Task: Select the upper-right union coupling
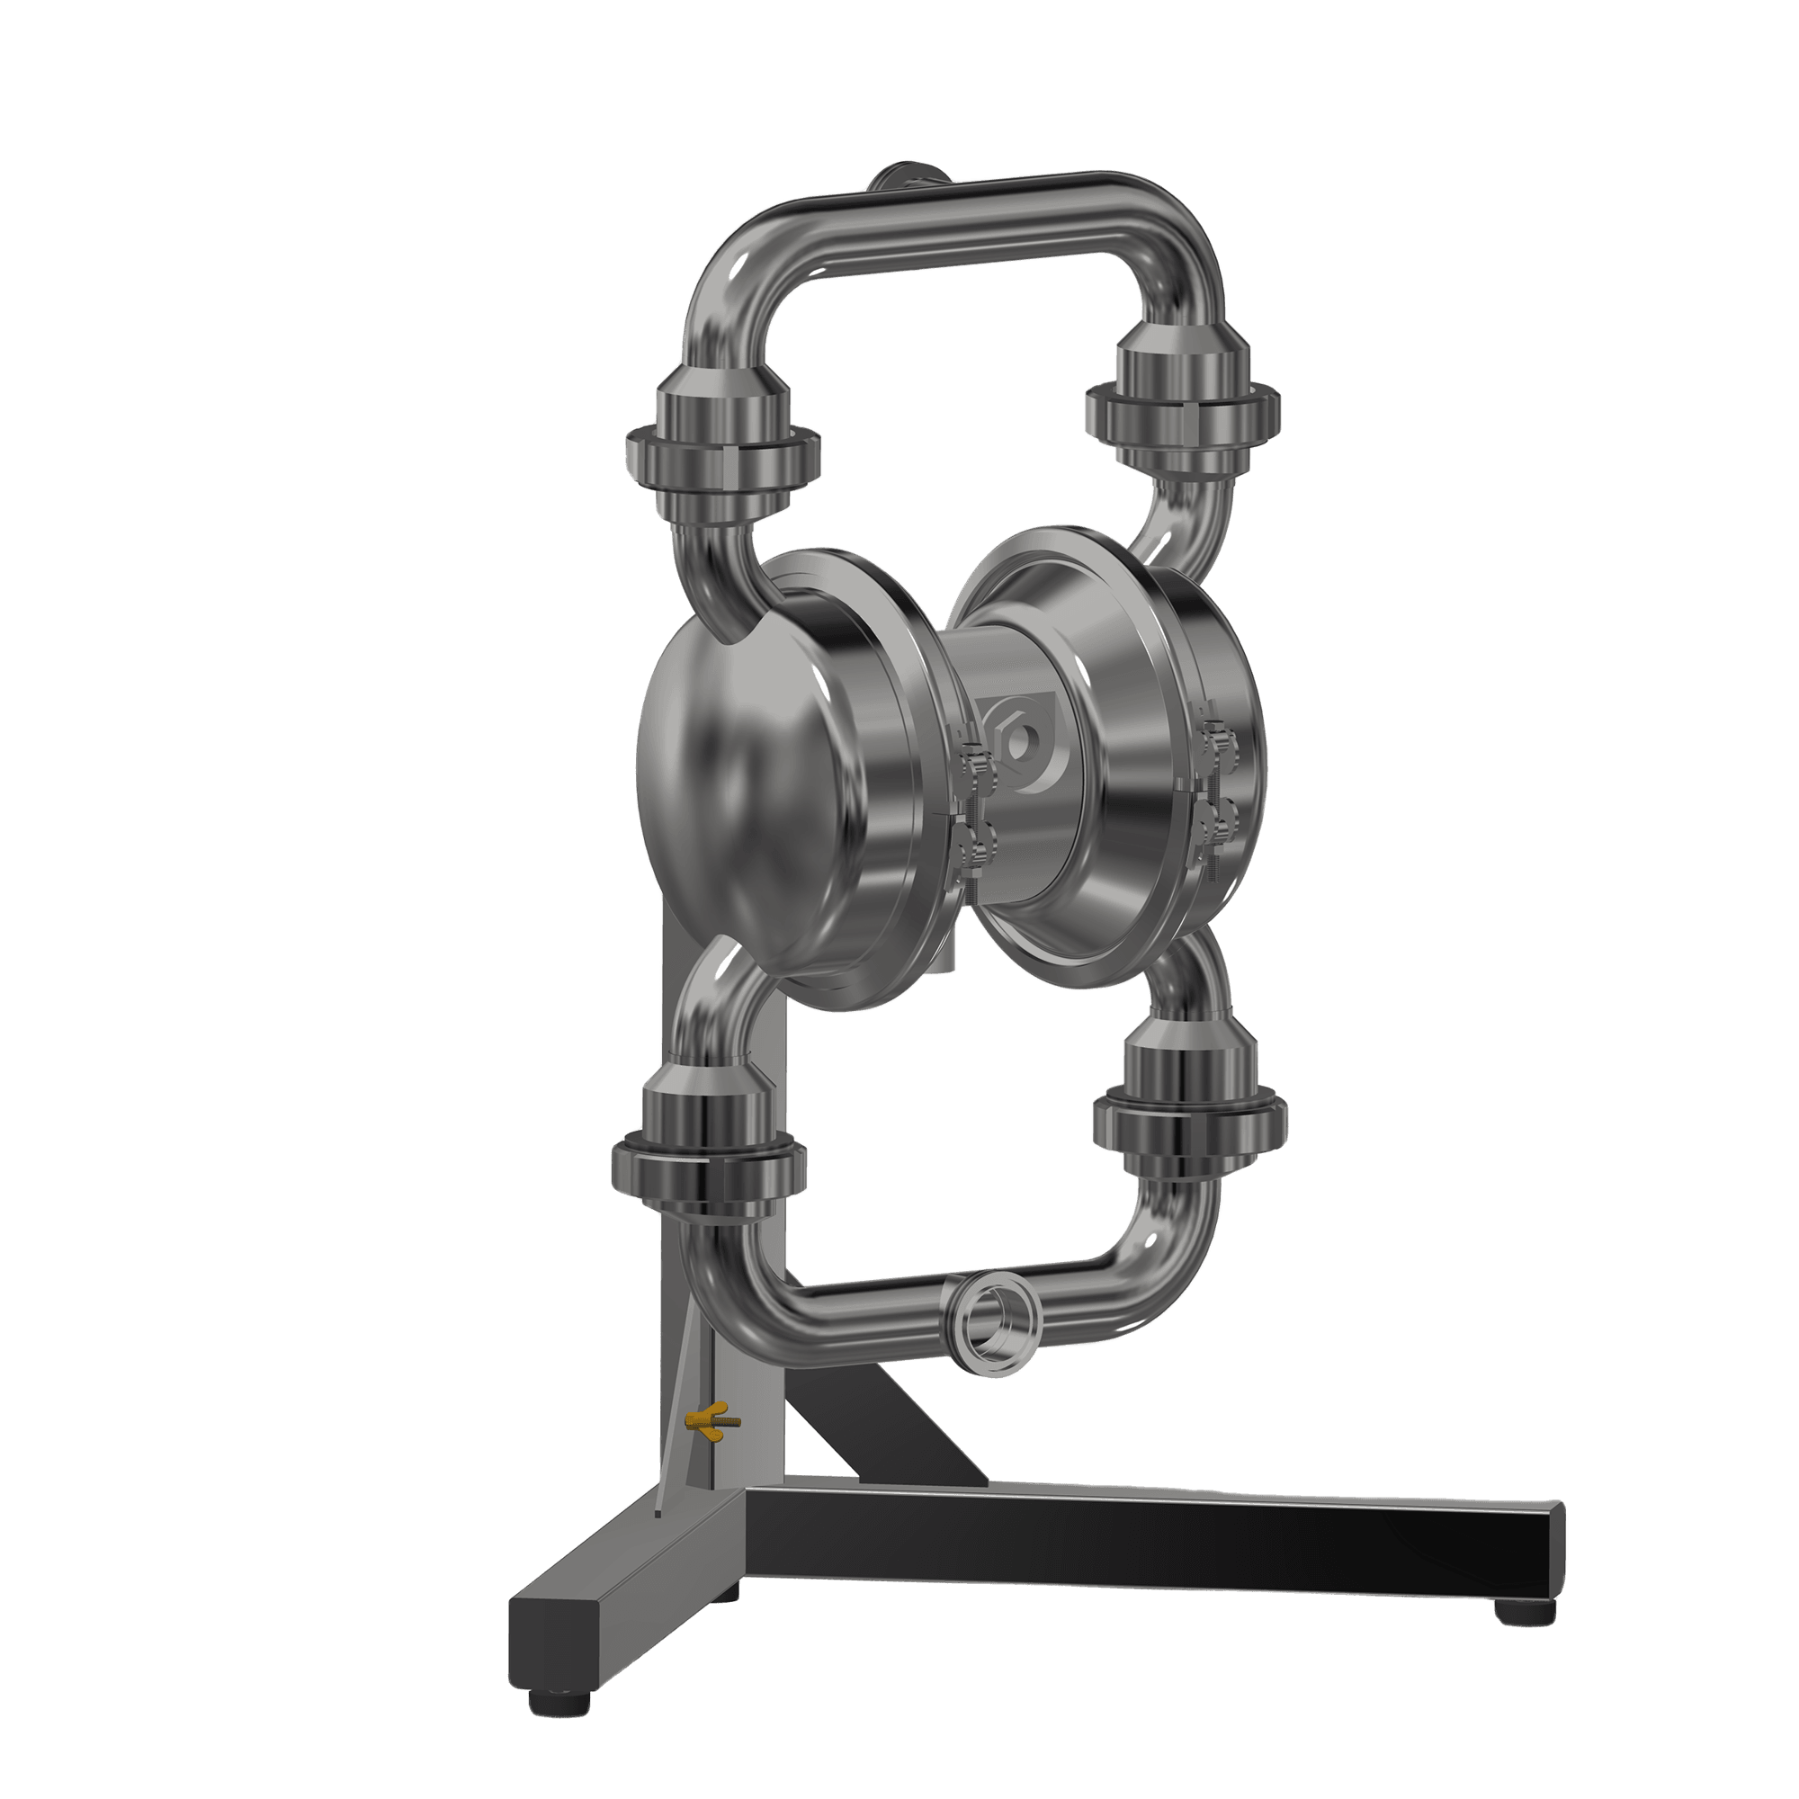click(x=1181, y=402)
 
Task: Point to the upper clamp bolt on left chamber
click(x=970, y=761)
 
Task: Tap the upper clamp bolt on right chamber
click(x=1215, y=738)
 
